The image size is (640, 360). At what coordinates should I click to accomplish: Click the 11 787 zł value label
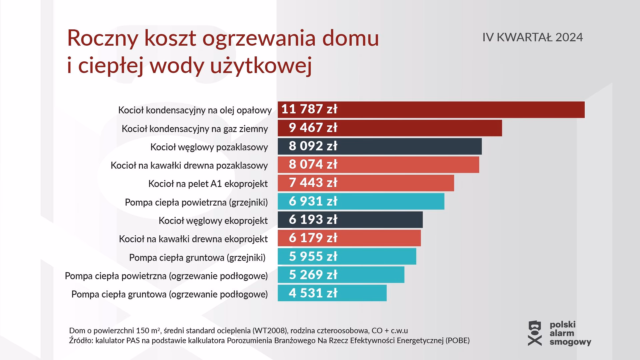click(x=309, y=109)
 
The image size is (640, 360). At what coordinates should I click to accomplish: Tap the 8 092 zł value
click(x=313, y=146)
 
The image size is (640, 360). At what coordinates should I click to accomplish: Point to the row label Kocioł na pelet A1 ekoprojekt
click(x=208, y=184)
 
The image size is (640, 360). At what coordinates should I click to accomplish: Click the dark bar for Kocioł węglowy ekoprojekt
click(x=377, y=220)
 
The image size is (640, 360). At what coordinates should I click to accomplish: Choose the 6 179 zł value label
click(x=313, y=238)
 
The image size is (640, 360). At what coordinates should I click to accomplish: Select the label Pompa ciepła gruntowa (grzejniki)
click(x=197, y=258)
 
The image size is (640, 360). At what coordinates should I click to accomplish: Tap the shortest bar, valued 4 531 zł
click(x=360, y=293)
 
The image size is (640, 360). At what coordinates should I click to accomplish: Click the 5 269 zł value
click(x=313, y=275)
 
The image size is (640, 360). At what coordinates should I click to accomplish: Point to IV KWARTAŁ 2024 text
click(x=532, y=37)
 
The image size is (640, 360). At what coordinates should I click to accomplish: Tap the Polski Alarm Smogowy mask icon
click(x=535, y=333)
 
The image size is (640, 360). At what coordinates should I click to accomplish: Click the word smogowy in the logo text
click(x=570, y=342)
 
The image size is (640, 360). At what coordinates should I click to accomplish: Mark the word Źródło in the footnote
click(x=80, y=341)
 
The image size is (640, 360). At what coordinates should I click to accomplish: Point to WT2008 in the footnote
click(x=270, y=331)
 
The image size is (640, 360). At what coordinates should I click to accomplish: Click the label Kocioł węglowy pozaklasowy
click(x=209, y=147)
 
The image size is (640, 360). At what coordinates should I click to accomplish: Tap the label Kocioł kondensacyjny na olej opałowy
click(x=195, y=110)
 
